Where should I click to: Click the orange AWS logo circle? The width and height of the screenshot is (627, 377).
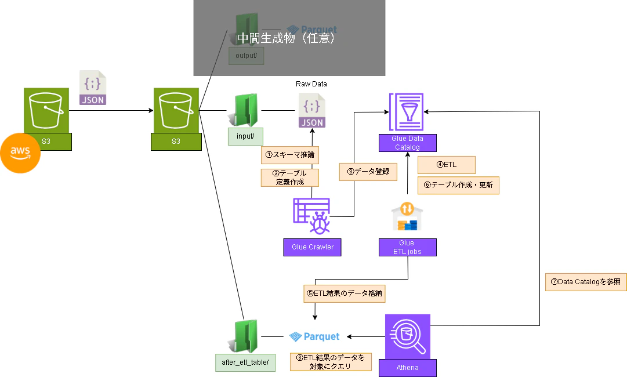(x=20, y=153)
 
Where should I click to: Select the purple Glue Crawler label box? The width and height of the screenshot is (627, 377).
(x=313, y=247)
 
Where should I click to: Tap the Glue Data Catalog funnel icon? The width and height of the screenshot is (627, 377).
(x=407, y=112)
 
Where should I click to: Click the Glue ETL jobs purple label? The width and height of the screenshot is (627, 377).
(x=407, y=247)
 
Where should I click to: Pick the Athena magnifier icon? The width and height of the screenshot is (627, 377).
(x=407, y=336)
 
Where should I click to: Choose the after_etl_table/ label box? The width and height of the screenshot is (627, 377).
(x=245, y=362)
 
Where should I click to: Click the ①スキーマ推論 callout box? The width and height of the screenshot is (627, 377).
(x=289, y=155)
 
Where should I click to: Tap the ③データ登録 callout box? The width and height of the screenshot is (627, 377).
(x=368, y=172)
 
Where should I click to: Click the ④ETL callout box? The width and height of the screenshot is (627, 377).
(x=446, y=165)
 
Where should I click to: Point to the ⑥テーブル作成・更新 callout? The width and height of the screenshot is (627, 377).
(x=458, y=185)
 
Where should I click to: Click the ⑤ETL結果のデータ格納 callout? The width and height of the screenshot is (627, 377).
(x=345, y=293)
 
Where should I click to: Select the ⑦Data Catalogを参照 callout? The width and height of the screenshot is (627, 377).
(x=586, y=282)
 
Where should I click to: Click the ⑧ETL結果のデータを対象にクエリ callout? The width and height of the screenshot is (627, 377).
(x=329, y=361)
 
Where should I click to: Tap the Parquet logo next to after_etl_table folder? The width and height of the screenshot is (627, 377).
(x=315, y=336)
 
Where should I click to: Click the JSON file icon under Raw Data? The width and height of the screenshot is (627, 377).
(x=311, y=111)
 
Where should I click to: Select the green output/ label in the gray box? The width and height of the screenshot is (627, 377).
(x=247, y=56)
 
